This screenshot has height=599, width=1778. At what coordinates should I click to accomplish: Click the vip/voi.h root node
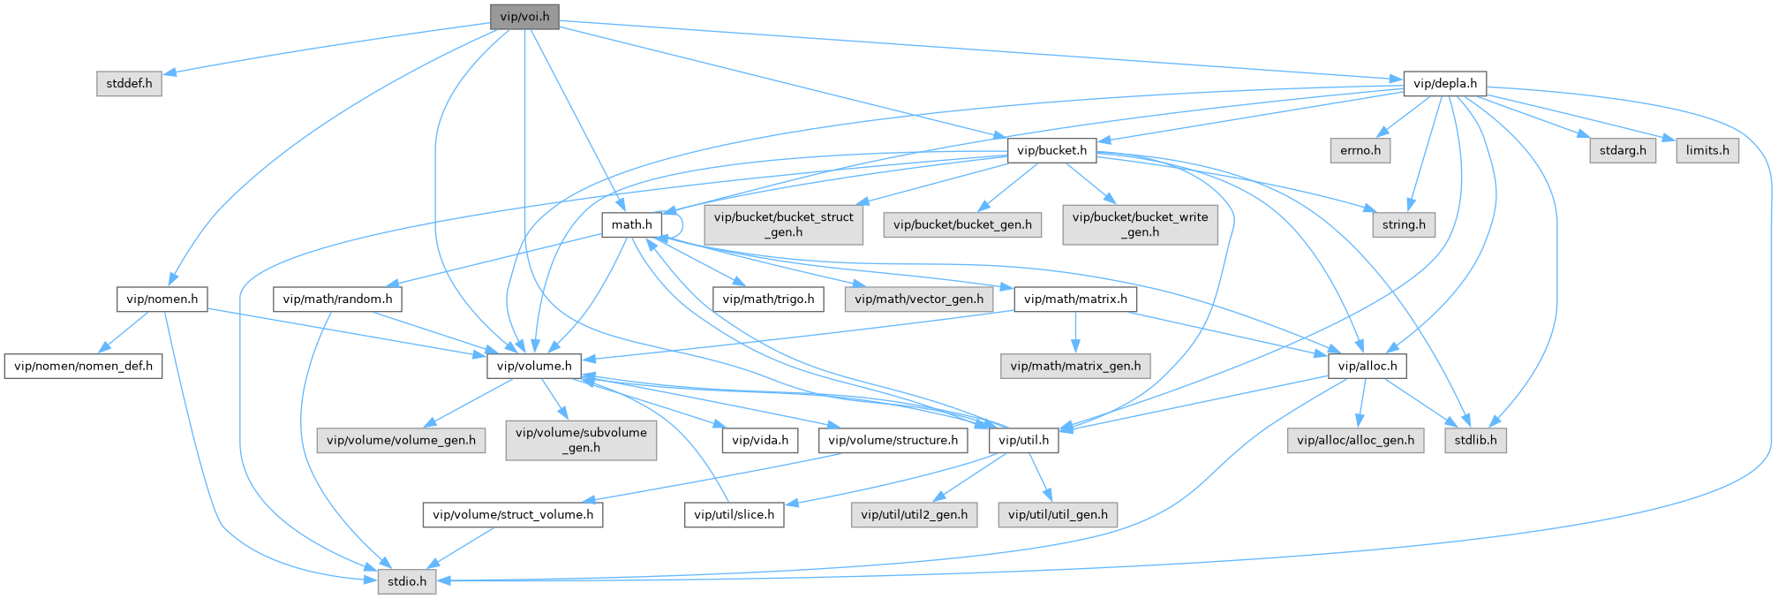(524, 16)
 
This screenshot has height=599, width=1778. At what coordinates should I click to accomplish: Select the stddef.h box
(129, 84)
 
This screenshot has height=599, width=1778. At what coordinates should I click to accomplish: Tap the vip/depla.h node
(1444, 84)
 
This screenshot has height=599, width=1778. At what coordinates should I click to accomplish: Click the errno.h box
(1360, 150)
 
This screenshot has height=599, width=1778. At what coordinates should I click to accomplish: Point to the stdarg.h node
(1623, 150)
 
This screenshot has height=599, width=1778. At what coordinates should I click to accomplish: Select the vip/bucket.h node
(1051, 150)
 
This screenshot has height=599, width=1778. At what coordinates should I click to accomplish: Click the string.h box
(1404, 224)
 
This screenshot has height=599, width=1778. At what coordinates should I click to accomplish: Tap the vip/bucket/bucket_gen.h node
(962, 224)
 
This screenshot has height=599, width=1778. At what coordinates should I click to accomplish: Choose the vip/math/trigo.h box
(768, 299)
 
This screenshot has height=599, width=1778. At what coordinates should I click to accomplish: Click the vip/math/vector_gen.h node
(919, 299)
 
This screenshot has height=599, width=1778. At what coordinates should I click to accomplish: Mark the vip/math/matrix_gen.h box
(1075, 366)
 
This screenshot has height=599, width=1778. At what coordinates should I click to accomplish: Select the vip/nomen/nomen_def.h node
(84, 366)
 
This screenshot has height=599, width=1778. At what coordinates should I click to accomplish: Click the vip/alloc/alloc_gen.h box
(1356, 440)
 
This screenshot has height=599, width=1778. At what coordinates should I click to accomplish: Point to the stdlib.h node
(1475, 440)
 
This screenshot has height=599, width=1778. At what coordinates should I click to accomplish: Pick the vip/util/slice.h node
(734, 514)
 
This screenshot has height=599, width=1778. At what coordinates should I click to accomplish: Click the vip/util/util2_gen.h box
(914, 514)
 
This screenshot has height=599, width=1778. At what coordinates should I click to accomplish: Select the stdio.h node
(407, 581)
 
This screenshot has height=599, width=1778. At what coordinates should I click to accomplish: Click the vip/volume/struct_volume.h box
(513, 514)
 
